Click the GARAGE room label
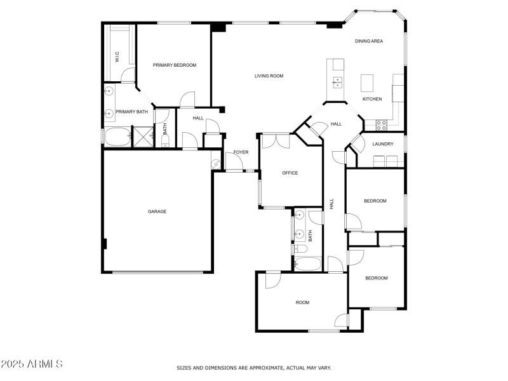157,211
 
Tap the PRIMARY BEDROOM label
175,65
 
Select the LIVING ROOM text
269,76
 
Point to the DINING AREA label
369,41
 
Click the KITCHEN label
371,99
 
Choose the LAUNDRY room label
383,144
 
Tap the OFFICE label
290,173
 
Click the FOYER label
241,152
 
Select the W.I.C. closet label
117,57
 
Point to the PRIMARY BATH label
131,112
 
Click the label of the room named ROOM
302,302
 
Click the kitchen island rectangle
367,83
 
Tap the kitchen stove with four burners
382,124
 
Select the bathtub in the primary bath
117,136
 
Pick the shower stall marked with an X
142,136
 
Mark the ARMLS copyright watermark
32,364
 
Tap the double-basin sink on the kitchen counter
337,82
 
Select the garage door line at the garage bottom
157,272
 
